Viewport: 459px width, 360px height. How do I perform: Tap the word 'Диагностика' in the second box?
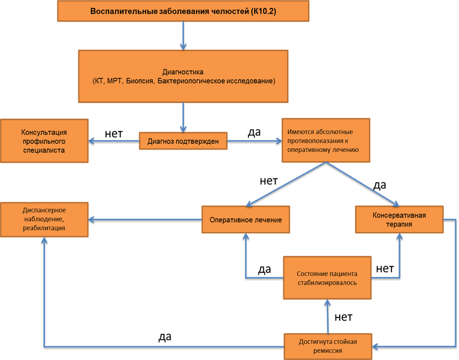click(183, 72)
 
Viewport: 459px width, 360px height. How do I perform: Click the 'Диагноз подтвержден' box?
click(183, 141)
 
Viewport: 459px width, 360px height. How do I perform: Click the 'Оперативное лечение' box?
click(246, 220)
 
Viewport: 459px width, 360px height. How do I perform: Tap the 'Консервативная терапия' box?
click(399, 219)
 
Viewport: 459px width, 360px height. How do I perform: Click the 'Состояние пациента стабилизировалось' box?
click(327, 278)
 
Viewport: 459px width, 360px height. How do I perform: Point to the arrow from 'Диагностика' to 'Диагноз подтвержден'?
click(183, 117)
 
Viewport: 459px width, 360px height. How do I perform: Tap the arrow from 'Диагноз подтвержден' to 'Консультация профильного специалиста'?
click(114, 141)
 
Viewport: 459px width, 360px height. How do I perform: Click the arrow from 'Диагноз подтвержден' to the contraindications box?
click(254, 141)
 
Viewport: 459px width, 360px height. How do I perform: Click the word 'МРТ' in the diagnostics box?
click(116, 81)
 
